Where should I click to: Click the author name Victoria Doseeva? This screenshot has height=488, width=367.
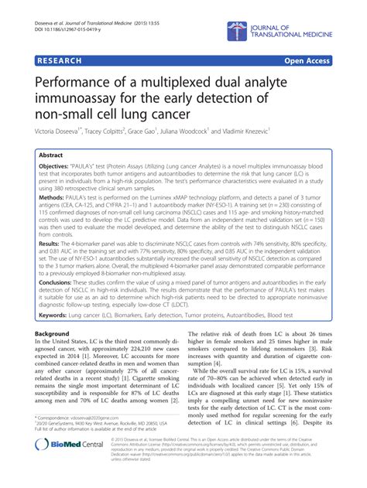[63, 131]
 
